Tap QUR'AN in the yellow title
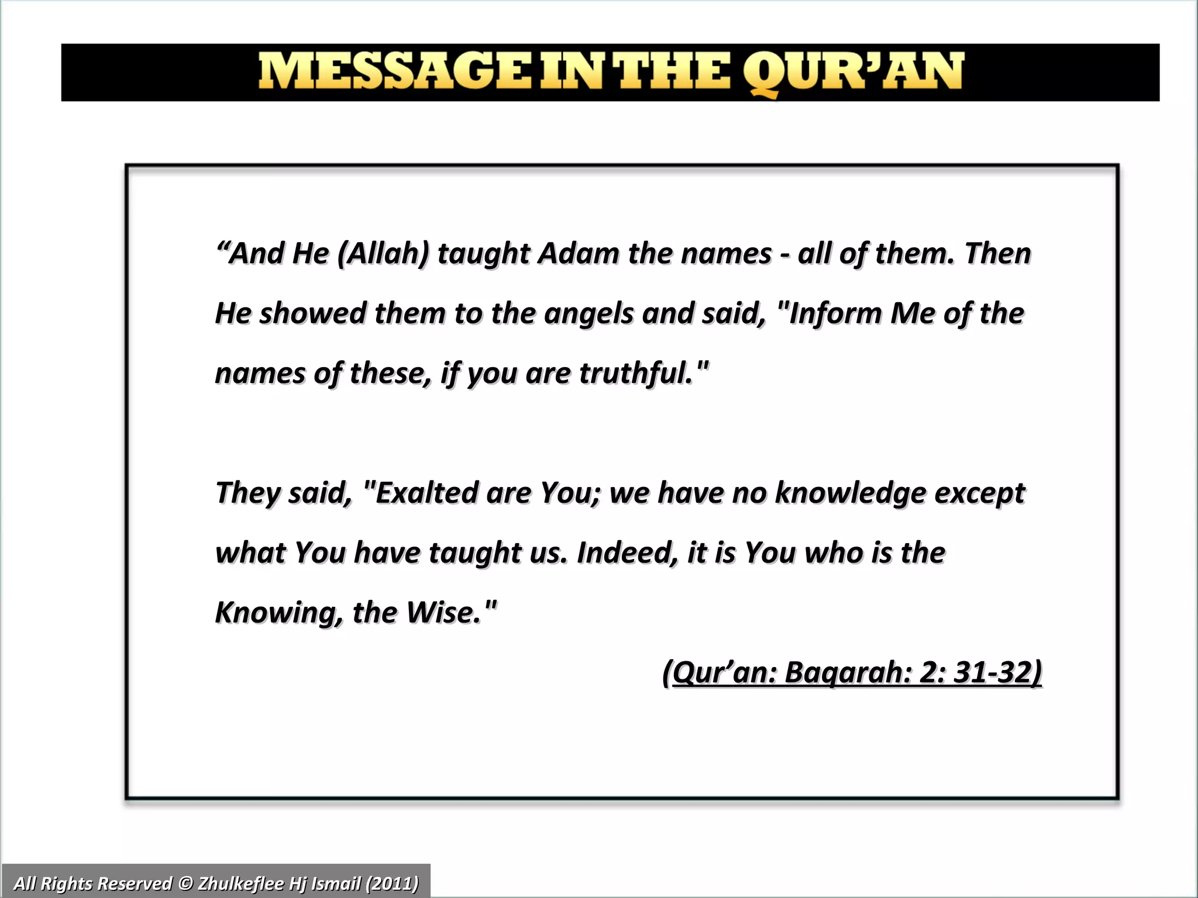tap(853, 72)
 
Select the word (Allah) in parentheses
tap(384, 254)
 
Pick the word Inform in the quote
tap(834, 313)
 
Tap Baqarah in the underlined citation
tap(848, 673)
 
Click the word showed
tap(312, 314)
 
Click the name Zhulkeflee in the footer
tap(240, 883)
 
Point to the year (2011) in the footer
tap(392, 883)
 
